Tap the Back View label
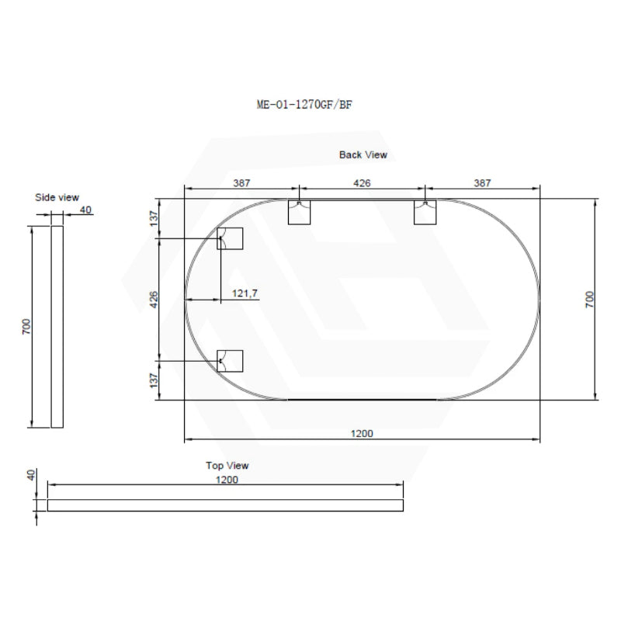coord(363,154)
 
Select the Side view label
coord(57,198)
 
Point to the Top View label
coord(227,466)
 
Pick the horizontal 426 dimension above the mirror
coord(362,183)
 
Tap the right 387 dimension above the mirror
coord(482,183)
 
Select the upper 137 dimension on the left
coord(154,219)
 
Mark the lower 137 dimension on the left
coord(154,380)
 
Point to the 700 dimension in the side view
coord(26,326)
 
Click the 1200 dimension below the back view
coord(362,434)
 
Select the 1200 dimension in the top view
coord(227,480)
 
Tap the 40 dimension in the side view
coord(85,210)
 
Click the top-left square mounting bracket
coord(300,212)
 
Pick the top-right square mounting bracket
coord(425,212)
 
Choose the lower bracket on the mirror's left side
coord(231,360)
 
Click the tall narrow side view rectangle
coord(57,326)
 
